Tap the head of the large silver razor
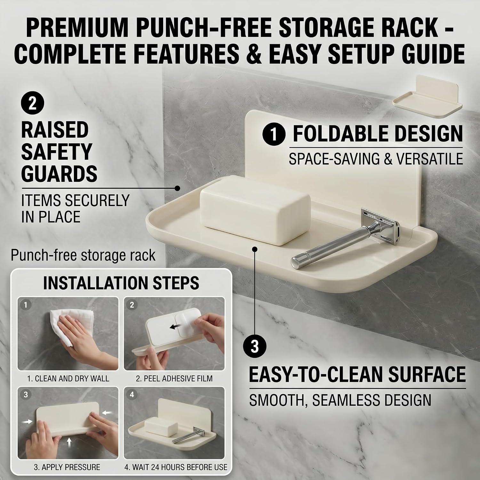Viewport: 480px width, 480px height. pos(381,220)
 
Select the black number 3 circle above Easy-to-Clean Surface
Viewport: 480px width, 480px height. pos(255,347)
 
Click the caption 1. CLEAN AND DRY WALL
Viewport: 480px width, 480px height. pos(68,379)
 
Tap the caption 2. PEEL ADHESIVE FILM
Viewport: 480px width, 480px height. pos(174,379)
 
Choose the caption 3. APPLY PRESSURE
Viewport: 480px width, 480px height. pos(67,467)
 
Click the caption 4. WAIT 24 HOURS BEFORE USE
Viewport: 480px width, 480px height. pos(176,467)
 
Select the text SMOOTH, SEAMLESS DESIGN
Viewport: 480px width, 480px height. pos(340,400)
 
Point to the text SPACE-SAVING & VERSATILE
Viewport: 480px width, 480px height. pos(376,159)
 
